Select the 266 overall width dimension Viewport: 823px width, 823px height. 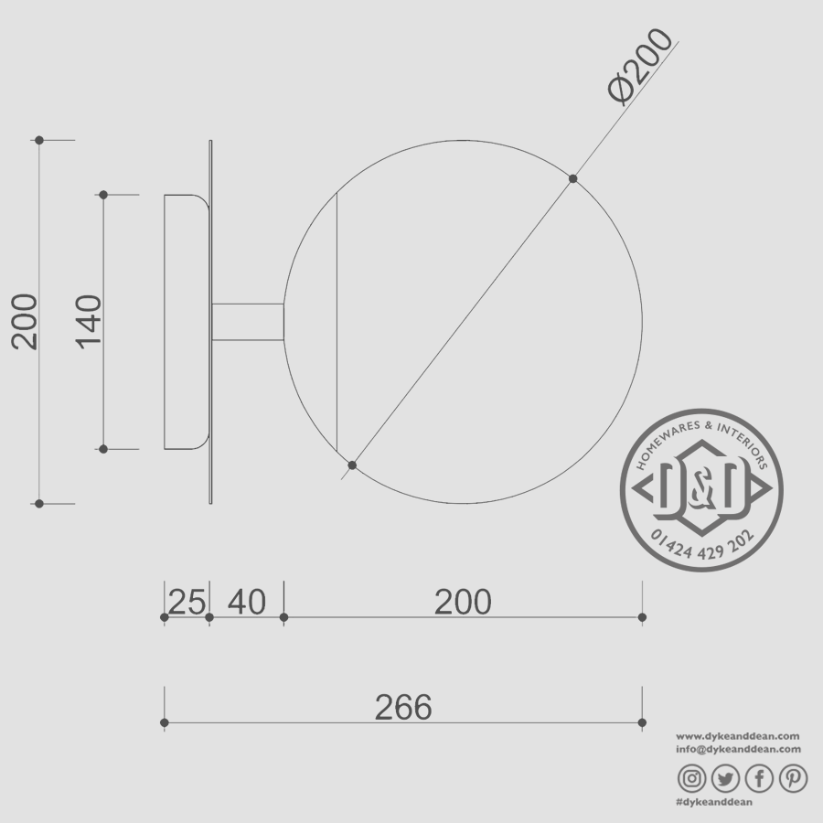403,707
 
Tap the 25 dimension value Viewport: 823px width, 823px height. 187,602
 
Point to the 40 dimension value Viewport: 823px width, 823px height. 246,602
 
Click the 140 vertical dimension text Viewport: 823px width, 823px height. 89,321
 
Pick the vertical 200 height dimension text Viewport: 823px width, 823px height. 25,321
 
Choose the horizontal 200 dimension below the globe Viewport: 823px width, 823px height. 463,602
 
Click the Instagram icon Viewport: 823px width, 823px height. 692,778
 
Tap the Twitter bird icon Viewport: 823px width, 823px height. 725,778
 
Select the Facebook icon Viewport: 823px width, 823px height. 759,778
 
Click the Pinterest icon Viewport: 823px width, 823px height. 793,778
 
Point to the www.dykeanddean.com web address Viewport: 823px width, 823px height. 738,736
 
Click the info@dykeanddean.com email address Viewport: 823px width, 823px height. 738,749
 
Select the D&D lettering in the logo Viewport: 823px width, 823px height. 701,488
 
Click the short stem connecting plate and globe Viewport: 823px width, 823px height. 247,322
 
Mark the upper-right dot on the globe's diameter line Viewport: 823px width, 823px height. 573,178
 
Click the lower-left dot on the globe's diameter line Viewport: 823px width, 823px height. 352,465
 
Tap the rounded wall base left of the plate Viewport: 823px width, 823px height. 185,321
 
